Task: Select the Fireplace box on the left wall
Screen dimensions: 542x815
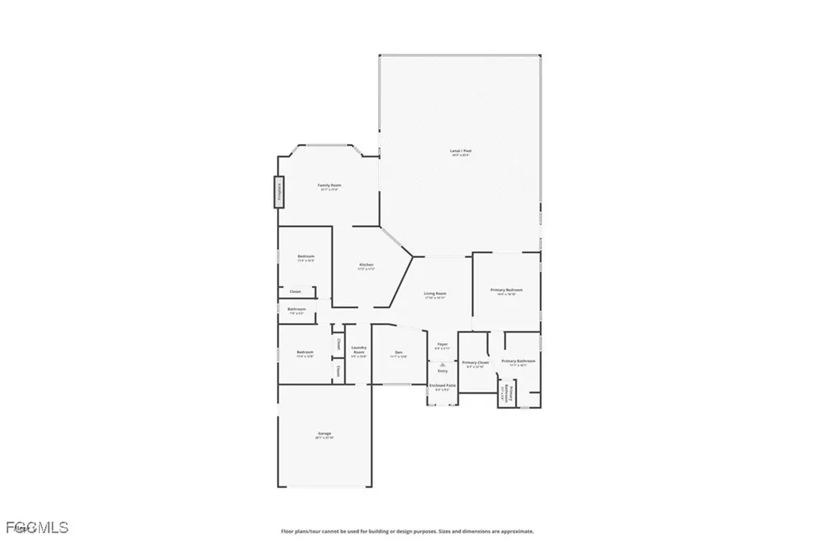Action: pos(280,192)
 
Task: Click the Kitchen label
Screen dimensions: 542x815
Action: pos(366,264)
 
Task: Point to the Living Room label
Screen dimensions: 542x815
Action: pos(435,294)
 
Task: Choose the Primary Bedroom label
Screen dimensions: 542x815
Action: pos(507,290)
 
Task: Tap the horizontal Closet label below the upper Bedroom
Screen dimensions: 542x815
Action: pos(294,291)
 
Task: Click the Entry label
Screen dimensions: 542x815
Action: pos(443,371)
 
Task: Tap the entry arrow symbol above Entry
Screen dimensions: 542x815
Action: pos(443,364)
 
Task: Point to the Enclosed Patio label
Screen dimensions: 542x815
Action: pos(443,385)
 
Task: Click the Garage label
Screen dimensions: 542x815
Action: pos(324,433)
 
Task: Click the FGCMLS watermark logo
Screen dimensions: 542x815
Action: pos(35,527)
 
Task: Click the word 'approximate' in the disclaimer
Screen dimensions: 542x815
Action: pos(517,531)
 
